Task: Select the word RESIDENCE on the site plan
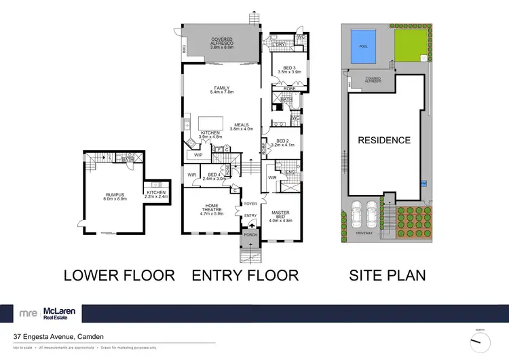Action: pyautogui.click(x=384, y=141)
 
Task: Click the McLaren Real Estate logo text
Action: pyautogui.click(x=60, y=313)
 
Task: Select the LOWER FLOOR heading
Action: pyautogui.click(x=119, y=275)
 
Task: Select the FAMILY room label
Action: pyautogui.click(x=223, y=89)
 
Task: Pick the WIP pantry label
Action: pyautogui.click(x=198, y=155)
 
